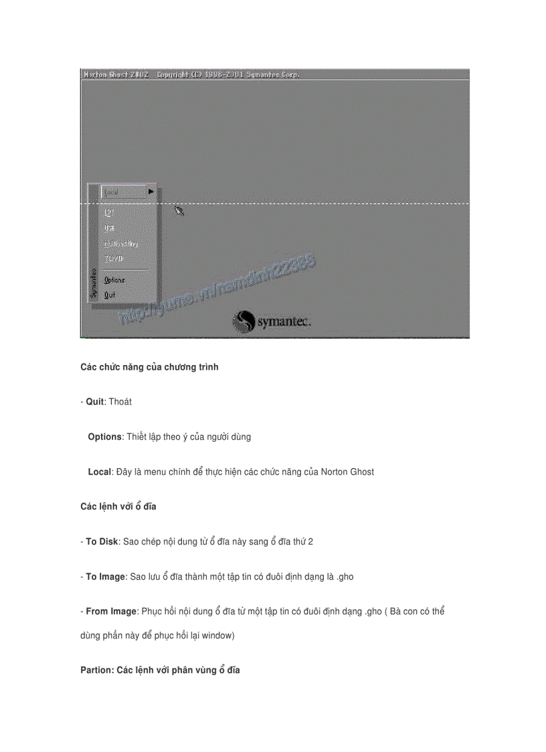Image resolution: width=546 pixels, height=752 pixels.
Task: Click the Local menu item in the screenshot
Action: (x=112, y=192)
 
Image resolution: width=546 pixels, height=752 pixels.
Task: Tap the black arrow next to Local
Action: (x=151, y=192)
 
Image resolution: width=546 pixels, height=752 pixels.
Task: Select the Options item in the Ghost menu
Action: (x=114, y=280)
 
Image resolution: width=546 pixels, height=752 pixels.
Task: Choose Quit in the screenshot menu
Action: (x=110, y=294)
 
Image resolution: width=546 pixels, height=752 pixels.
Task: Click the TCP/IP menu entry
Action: (x=114, y=259)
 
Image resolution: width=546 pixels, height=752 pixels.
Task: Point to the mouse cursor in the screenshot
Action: (x=179, y=211)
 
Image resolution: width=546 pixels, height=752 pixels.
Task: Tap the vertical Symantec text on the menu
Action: (x=94, y=283)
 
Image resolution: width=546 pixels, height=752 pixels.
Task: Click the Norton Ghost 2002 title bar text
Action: (x=115, y=74)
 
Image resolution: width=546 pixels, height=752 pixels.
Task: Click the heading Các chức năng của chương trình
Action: (x=149, y=367)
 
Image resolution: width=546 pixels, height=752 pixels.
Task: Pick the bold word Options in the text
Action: (x=104, y=437)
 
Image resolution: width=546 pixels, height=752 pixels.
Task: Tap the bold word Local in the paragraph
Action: (x=99, y=471)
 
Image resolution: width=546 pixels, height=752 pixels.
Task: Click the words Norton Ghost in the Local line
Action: (x=347, y=471)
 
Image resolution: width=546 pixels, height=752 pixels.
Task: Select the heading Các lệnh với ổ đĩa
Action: (x=118, y=506)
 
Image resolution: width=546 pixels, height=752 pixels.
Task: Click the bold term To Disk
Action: (x=102, y=541)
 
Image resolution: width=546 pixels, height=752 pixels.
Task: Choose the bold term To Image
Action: (x=105, y=576)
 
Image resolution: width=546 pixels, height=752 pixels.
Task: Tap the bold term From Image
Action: (x=111, y=611)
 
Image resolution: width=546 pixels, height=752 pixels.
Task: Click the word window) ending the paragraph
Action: (x=217, y=635)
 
